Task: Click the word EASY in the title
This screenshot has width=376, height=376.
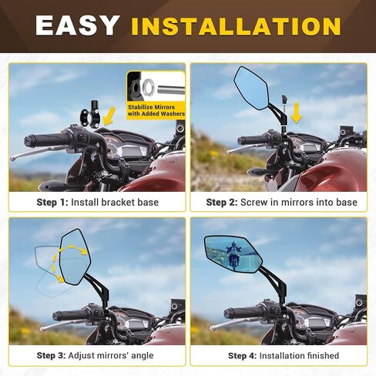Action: click(x=76, y=25)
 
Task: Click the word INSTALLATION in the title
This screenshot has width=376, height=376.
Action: click(x=236, y=26)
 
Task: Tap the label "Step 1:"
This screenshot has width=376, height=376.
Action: click(x=52, y=202)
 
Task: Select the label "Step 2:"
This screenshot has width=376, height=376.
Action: click(x=222, y=202)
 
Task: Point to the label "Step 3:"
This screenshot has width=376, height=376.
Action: click(x=51, y=355)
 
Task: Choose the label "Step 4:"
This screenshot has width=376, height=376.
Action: click(x=242, y=356)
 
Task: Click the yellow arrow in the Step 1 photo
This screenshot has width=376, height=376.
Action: click(x=109, y=116)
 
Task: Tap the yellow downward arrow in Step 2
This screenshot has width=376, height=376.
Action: click(x=297, y=112)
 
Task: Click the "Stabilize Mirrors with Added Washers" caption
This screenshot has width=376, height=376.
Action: click(x=156, y=110)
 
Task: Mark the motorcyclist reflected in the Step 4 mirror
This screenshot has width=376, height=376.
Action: click(x=233, y=256)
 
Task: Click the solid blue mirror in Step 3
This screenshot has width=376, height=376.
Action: click(x=75, y=257)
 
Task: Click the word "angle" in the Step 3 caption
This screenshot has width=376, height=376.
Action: click(x=142, y=356)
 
